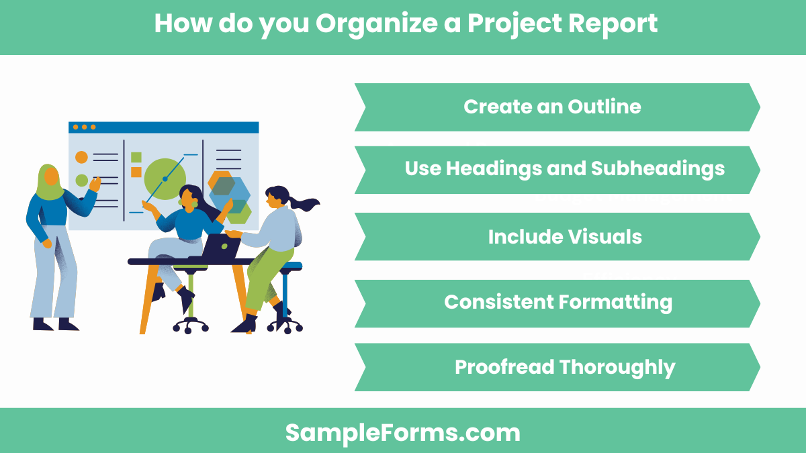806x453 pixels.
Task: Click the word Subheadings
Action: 658,168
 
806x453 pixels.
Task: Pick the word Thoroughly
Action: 617,367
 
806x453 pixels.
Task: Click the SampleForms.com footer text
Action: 402,432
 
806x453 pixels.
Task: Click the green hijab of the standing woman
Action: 48,182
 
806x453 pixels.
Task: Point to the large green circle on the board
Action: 164,179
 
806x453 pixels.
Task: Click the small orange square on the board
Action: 136,172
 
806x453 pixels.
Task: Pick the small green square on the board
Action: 136,158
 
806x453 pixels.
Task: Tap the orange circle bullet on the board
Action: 81,157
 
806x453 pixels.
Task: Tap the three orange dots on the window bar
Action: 84,127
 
